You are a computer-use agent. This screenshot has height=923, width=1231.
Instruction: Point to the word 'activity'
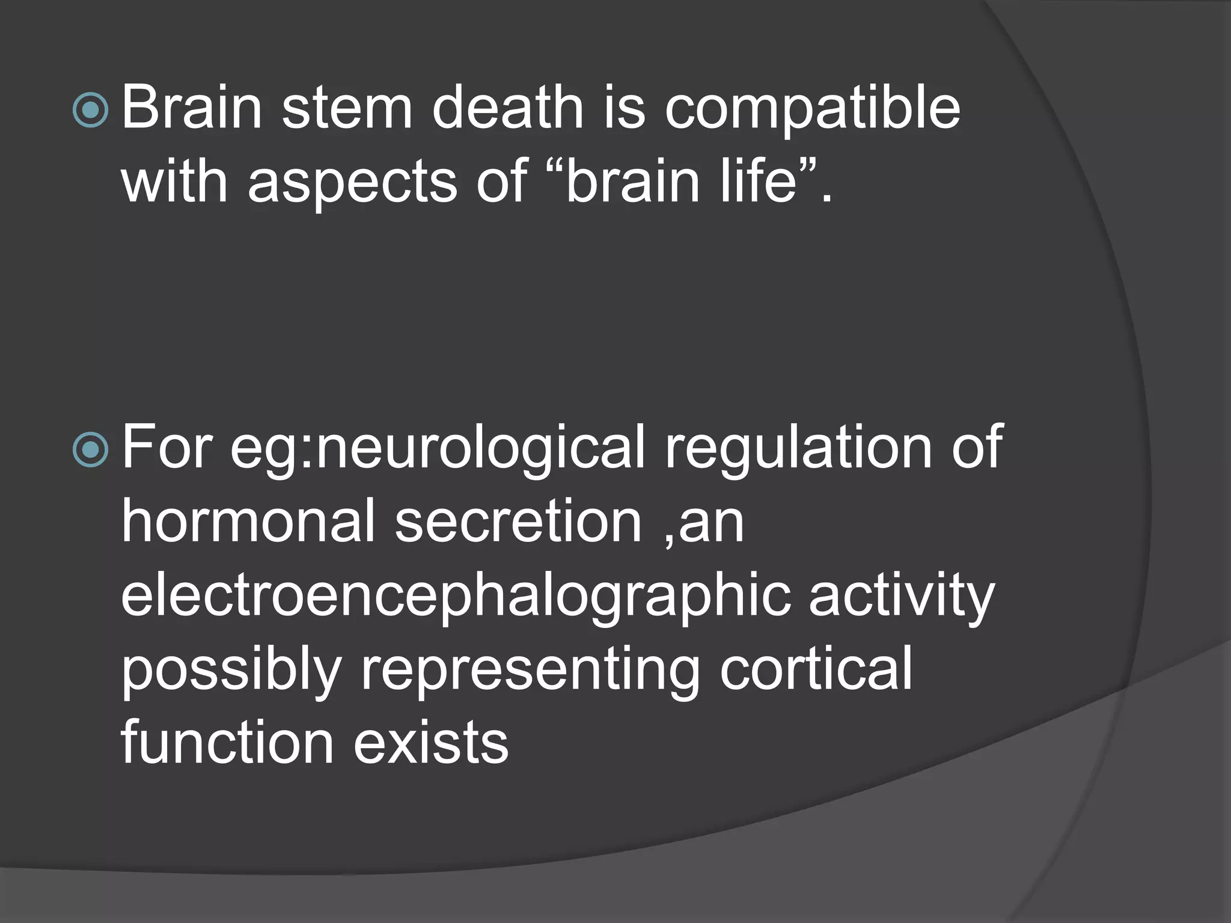[902, 598]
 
